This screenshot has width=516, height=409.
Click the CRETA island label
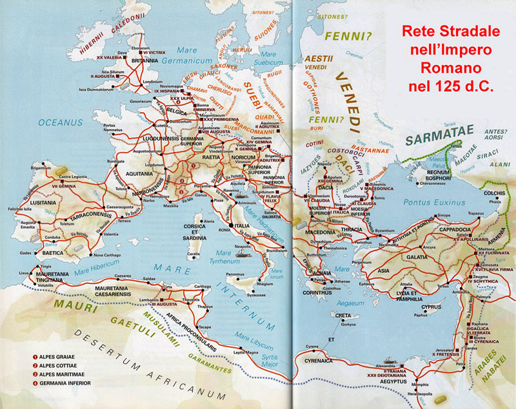point(342,316)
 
